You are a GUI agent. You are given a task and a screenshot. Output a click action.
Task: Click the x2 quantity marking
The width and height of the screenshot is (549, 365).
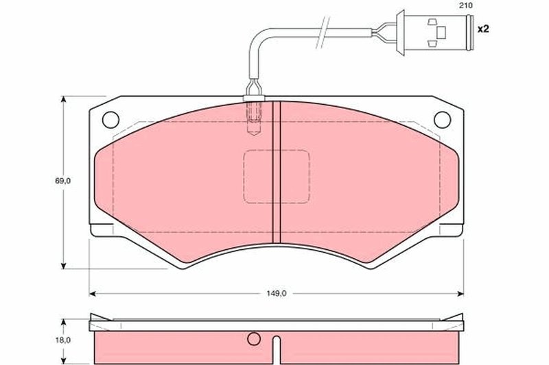[x=482, y=30]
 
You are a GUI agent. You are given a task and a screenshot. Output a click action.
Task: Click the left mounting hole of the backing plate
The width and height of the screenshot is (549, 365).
[x=110, y=119]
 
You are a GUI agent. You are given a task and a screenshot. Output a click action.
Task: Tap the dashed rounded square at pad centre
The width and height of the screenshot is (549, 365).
[x=277, y=177]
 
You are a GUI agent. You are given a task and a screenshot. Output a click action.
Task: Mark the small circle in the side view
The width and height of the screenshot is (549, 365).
[x=253, y=338]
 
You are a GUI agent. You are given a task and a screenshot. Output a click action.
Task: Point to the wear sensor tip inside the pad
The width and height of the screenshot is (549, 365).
[x=253, y=120]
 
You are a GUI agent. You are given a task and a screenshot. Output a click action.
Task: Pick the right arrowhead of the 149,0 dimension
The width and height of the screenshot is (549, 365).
[x=460, y=293]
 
